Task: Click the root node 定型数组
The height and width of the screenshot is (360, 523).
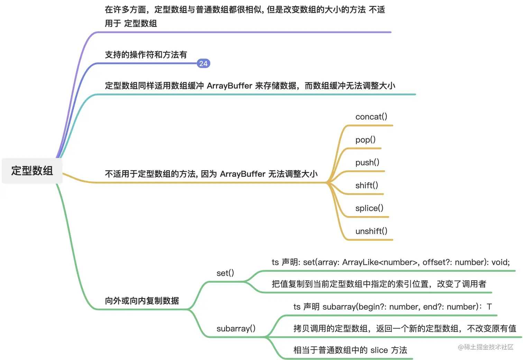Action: tap(32, 171)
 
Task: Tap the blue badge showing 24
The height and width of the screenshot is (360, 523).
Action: tap(203, 63)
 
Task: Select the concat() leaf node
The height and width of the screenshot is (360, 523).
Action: tap(371, 117)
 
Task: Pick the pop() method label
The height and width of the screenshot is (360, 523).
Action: tap(365, 140)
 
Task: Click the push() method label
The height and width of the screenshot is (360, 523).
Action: tap(367, 163)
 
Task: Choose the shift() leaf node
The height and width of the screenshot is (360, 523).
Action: tap(367, 186)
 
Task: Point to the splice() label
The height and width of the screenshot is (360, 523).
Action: tap(369, 208)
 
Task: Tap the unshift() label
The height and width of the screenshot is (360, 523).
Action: tap(371, 231)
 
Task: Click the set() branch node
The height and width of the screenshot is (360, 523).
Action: tap(225, 273)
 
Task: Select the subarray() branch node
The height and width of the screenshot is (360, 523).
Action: tap(236, 328)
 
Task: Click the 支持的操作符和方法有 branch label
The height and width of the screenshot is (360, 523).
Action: tap(146, 55)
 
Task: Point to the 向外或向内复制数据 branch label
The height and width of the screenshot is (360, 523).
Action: tap(142, 301)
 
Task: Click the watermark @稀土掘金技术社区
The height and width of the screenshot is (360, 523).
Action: tap(485, 347)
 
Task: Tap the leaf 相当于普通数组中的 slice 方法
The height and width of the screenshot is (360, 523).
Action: tap(350, 350)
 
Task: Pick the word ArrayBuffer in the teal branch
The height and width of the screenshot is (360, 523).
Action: tap(229, 86)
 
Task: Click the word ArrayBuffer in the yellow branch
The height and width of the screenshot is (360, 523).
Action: tap(242, 174)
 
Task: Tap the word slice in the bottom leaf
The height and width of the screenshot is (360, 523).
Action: tap(379, 350)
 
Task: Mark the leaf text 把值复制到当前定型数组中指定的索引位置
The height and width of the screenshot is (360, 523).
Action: tap(351, 284)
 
